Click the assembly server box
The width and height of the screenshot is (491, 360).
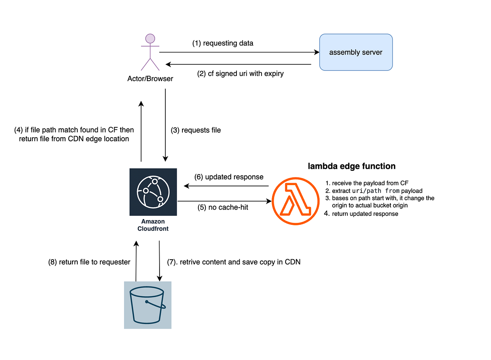(356, 52)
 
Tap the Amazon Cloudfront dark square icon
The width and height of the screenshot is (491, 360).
(153, 192)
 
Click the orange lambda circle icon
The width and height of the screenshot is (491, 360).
(295, 202)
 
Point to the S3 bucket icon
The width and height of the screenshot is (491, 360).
(147, 305)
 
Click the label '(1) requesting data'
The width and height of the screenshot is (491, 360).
(223, 43)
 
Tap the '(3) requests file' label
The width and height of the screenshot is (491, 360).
(196, 130)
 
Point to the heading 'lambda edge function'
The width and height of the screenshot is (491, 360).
(351, 166)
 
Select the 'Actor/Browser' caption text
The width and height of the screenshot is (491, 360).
(150, 78)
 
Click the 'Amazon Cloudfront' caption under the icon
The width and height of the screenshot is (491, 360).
(153, 225)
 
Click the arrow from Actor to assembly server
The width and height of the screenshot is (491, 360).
(239, 52)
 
